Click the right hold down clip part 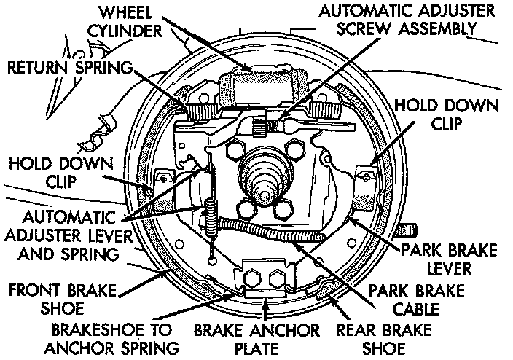(364, 173)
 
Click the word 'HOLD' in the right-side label (418, 106)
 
